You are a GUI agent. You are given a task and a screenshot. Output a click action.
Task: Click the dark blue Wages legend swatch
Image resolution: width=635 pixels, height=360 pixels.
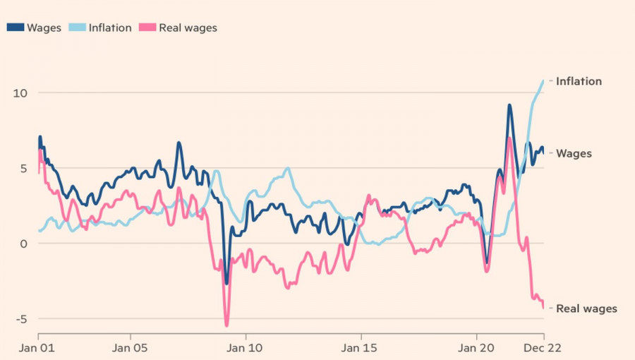coord(16,28)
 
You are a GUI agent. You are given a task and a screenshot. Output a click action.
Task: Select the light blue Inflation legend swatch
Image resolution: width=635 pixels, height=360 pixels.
coord(77,28)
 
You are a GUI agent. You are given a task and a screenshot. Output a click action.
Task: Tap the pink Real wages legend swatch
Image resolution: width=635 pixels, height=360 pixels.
coord(147,28)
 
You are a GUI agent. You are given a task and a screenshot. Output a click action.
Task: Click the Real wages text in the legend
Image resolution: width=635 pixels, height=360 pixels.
coord(188,28)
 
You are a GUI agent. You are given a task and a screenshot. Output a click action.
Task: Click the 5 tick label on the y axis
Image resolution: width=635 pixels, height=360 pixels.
coord(23,169)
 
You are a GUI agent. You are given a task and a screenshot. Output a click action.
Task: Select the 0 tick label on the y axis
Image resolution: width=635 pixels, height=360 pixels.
coord(23,244)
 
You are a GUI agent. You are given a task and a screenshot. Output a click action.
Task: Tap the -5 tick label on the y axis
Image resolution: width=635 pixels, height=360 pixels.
coord(20,319)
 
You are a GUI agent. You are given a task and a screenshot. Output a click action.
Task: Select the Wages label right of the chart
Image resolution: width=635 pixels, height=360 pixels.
coord(574,153)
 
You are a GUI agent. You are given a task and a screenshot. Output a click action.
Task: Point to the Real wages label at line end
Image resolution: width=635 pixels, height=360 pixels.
coord(586,308)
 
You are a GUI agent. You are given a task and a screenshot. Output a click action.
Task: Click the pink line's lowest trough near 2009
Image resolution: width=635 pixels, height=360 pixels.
coord(226,325)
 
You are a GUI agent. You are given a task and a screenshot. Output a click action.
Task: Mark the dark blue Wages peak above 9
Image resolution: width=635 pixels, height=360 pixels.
coord(509,106)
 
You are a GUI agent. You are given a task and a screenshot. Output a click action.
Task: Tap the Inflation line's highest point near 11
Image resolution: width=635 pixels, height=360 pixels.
coord(543,80)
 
